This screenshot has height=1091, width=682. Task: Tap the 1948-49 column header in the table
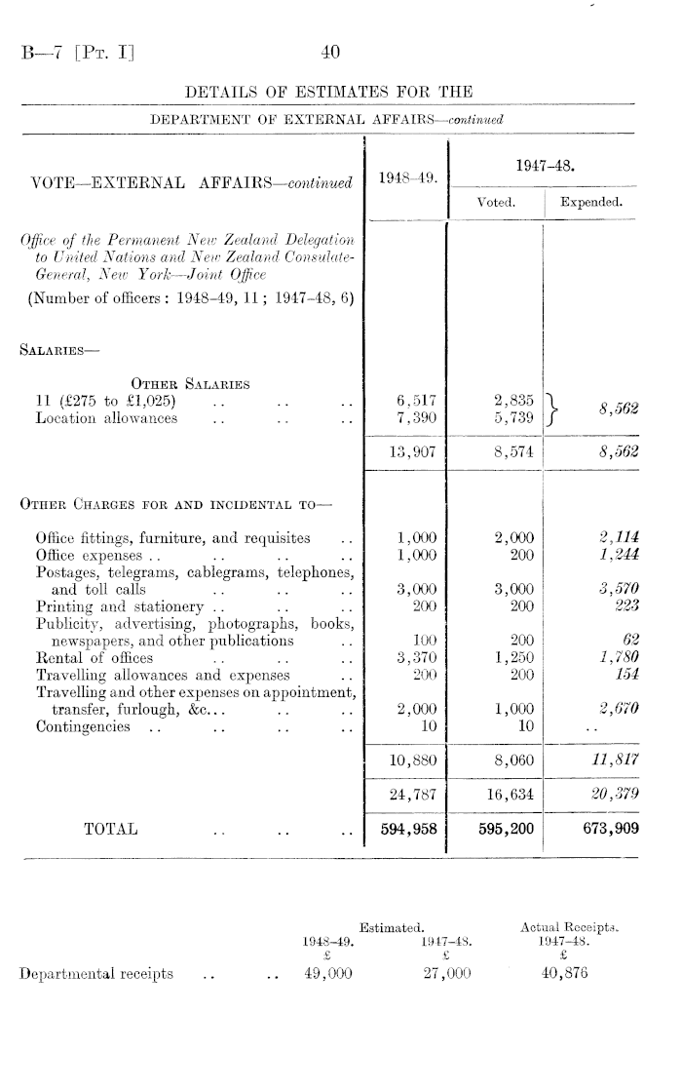point(402,177)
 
